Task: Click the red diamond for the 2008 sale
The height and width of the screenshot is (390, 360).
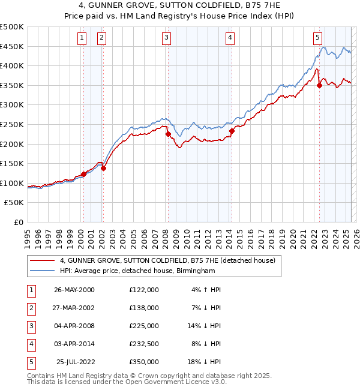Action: tap(168, 134)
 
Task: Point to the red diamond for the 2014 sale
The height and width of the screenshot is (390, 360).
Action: tap(232, 131)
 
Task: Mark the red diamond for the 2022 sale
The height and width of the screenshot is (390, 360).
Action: tap(320, 85)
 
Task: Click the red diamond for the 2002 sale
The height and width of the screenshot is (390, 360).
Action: tap(103, 169)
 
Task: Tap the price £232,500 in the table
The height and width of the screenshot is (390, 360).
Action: tap(143, 344)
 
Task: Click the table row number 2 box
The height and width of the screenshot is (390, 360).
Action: tap(31, 308)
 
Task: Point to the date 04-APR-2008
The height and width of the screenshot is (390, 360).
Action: tap(74, 326)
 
